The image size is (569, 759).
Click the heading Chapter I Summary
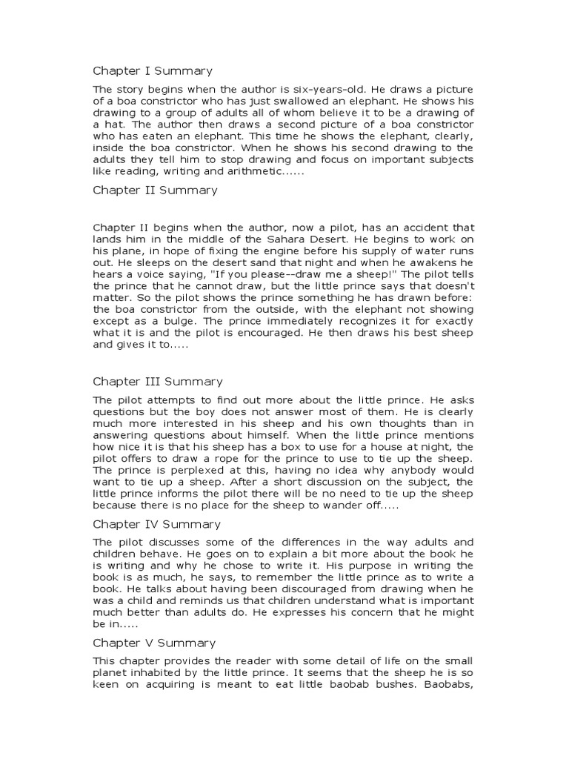152,71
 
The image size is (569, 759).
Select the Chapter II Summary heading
155,190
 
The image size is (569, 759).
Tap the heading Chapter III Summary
157,382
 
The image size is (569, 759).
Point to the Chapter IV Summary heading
156,524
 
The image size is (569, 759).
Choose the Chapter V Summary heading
154,643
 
